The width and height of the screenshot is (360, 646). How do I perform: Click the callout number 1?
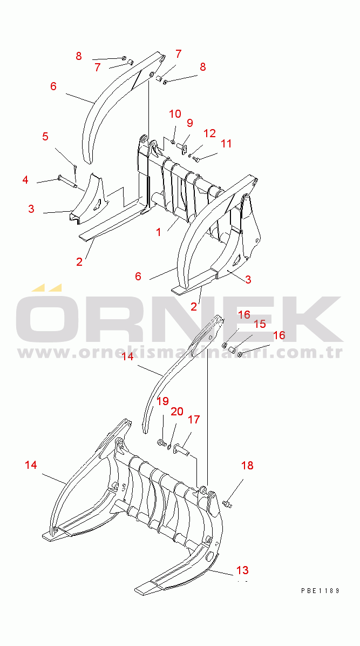point(159,232)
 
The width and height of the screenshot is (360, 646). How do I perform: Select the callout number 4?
point(25,180)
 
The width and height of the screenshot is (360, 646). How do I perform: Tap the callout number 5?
point(45,137)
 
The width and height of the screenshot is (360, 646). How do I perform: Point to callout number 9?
point(189,123)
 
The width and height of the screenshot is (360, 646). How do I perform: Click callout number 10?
point(175,114)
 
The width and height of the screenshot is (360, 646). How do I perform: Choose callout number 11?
point(226,143)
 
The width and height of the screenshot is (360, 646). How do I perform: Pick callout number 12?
point(209,133)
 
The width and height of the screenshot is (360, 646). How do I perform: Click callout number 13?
point(243,570)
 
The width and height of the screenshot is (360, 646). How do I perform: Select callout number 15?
point(260,324)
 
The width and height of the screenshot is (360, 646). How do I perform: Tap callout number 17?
point(194,419)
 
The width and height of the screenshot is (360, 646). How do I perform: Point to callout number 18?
point(247,466)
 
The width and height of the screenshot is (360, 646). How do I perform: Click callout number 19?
point(162,401)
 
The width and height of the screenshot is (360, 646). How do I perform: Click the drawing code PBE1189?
point(320,590)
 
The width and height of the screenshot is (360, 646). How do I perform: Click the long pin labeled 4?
point(67,181)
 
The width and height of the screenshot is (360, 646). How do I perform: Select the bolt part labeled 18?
point(227,503)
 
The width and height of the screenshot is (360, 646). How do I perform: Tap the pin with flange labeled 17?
point(181,449)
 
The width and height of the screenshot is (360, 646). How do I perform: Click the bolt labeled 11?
point(196,159)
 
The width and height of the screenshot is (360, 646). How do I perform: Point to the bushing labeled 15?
point(232,350)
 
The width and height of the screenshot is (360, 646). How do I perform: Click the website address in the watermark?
point(180,353)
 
